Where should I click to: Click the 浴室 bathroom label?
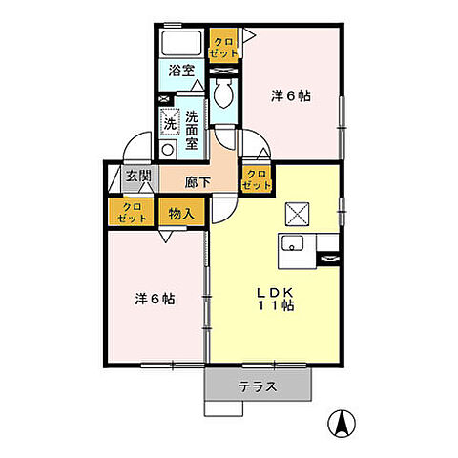coord(181,71)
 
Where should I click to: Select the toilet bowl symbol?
coord(223,94)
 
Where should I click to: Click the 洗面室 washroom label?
coord(192,131)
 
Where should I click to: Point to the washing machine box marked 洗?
coord(170,120)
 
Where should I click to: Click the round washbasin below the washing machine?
coord(168,149)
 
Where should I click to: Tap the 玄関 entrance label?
coord(138,176)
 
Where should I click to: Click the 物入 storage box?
coord(181,212)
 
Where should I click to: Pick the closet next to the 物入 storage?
coord(131,212)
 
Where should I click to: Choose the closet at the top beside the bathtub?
coord(223,45)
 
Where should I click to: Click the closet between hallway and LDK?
coord(256,178)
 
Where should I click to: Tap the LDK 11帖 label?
coord(275,299)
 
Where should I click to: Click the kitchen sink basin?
coord(292,243)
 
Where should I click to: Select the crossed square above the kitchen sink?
coord(297,214)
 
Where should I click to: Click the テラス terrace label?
coord(258,386)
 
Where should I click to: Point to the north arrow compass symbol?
coord(342,424)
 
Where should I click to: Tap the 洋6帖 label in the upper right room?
coord(291,96)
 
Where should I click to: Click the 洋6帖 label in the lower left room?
coord(155,299)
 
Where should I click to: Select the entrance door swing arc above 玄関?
coord(133,141)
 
